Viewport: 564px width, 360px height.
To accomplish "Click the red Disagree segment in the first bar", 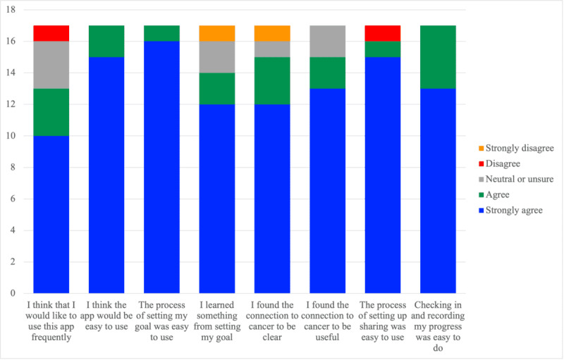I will (x=51, y=34).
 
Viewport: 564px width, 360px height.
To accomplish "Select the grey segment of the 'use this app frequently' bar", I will (x=51, y=66).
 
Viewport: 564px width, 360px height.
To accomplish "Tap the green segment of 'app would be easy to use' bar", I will (x=106, y=42).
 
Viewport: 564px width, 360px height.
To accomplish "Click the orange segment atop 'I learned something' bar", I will (x=217, y=34).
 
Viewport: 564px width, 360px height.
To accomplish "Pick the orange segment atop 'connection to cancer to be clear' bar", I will (x=272, y=34).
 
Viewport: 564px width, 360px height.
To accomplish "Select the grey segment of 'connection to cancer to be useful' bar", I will (x=327, y=42).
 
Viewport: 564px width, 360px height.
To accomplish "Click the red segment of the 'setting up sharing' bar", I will (x=383, y=34).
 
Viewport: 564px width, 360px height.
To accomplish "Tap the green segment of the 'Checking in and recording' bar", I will (x=438, y=57).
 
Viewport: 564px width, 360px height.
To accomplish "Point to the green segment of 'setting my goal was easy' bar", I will (x=161, y=34).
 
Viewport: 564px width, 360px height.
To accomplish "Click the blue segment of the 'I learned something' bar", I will (x=217, y=198).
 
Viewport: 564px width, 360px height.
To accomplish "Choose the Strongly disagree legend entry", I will (x=504, y=148).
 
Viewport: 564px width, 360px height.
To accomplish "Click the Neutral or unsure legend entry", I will (x=505, y=179).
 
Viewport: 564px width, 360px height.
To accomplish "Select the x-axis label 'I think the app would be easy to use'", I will (x=106, y=311).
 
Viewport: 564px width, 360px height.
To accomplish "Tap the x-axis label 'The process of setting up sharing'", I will (x=383, y=316).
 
